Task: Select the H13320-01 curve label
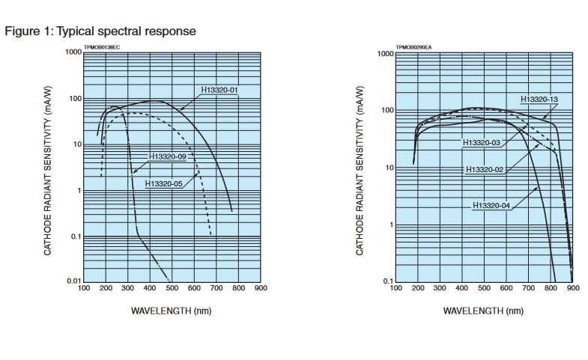click(219, 91)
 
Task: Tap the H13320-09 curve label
click(168, 157)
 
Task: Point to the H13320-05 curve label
click(164, 183)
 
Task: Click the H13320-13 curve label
click(539, 100)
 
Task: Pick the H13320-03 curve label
click(482, 142)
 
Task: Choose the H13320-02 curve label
click(485, 170)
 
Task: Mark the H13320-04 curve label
click(491, 205)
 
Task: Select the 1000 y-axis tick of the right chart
click(384, 54)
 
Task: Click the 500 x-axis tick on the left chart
click(172, 288)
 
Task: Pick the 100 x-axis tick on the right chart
click(395, 288)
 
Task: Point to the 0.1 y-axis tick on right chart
click(387, 281)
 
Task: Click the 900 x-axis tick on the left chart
click(261, 288)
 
